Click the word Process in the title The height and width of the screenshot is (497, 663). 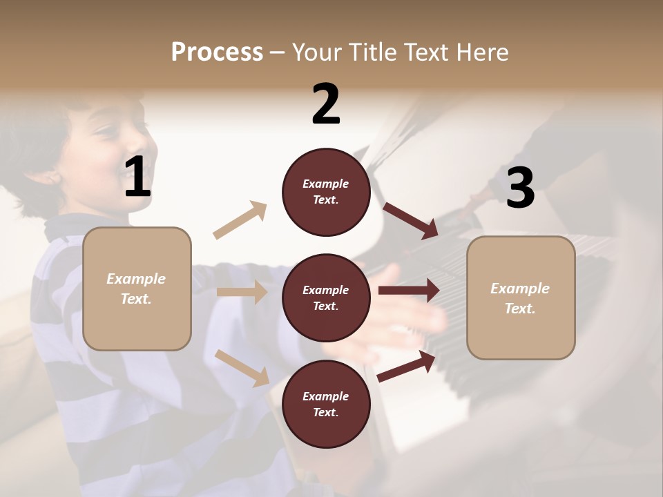coord(217,52)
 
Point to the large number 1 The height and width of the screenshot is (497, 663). coord(137,177)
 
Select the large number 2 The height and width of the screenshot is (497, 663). coord(326,104)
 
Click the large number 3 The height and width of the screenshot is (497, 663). coord(520,188)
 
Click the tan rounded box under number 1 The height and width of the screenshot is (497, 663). coord(137,289)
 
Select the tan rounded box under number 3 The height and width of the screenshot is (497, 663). coord(521,298)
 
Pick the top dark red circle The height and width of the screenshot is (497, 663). coord(326,192)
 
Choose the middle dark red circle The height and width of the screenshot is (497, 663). coord(326,298)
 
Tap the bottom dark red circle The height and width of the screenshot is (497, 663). coord(326,404)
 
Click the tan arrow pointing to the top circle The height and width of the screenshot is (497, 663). coord(240,220)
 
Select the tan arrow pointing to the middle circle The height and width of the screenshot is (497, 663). coord(242,292)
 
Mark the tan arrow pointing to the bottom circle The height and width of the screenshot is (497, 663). coord(242,367)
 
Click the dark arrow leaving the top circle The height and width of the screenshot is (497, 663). coord(411,220)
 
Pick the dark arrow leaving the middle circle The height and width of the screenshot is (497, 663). coord(409,291)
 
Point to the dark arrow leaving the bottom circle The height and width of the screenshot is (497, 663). coord(407,366)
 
